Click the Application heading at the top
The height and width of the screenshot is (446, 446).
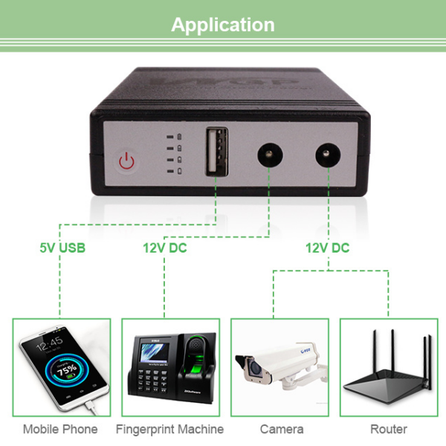(x=223, y=25)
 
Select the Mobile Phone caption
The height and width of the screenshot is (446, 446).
(x=60, y=429)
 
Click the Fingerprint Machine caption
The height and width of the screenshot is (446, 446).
(x=169, y=429)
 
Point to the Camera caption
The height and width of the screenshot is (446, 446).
(x=281, y=429)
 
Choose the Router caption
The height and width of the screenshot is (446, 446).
(x=389, y=429)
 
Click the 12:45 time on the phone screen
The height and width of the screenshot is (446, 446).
(x=50, y=344)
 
